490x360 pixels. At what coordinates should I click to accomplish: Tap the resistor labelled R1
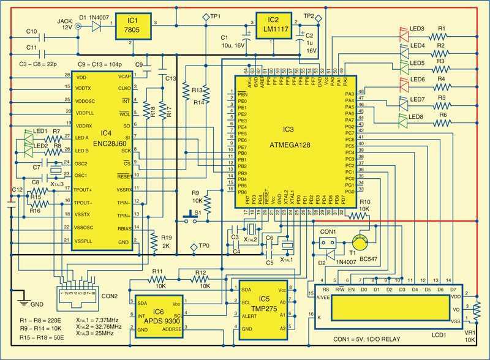442,36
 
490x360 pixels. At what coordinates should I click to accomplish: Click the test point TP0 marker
194,247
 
